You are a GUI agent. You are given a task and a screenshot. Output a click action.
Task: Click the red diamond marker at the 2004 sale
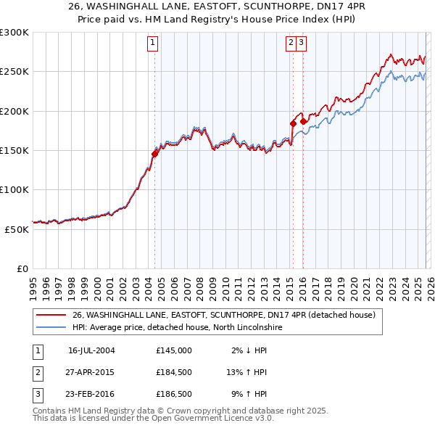click(x=155, y=153)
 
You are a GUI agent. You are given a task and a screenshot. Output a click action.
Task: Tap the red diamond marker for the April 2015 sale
click(x=293, y=123)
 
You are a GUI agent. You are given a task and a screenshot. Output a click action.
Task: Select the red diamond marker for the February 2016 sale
click(x=303, y=121)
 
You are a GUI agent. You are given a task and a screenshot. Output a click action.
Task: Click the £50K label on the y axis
click(x=17, y=229)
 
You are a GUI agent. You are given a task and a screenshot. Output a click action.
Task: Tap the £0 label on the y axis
click(x=22, y=268)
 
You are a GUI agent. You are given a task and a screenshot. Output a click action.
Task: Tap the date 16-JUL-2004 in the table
click(x=91, y=350)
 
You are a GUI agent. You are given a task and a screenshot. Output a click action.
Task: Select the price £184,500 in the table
click(x=174, y=373)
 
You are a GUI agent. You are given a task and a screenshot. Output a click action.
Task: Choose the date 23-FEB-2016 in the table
click(x=91, y=395)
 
